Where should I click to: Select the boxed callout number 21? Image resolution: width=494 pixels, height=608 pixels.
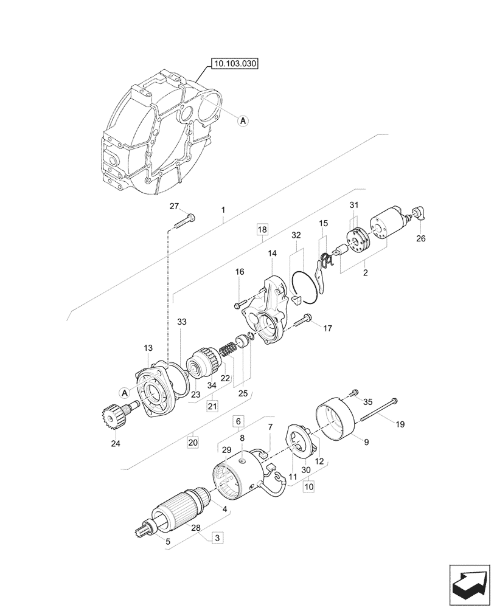(x=212, y=406)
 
